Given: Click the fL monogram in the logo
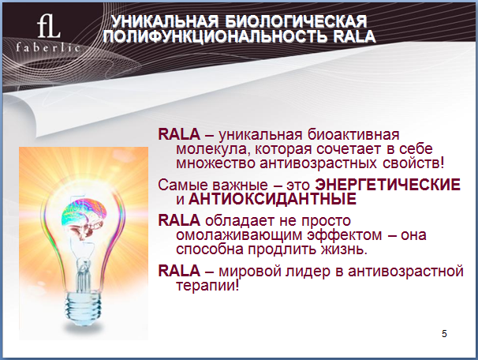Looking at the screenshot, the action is click(x=48, y=27).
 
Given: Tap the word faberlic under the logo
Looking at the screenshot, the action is click(x=48, y=47).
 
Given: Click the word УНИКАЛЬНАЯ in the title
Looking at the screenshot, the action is click(x=165, y=21).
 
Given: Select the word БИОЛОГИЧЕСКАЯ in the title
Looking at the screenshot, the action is click(x=297, y=21).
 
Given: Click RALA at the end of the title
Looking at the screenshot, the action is click(x=354, y=36).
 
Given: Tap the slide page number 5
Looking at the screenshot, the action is click(x=444, y=334).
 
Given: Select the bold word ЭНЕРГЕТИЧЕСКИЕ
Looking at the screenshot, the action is click(x=387, y=185).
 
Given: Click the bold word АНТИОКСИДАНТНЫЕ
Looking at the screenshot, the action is click(x=272, y=199).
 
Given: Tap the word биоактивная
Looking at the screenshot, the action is click(x=353, y=134).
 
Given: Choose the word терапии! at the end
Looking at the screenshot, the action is click(x=207, y=286).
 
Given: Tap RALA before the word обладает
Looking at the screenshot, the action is click(x=179, y=220).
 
